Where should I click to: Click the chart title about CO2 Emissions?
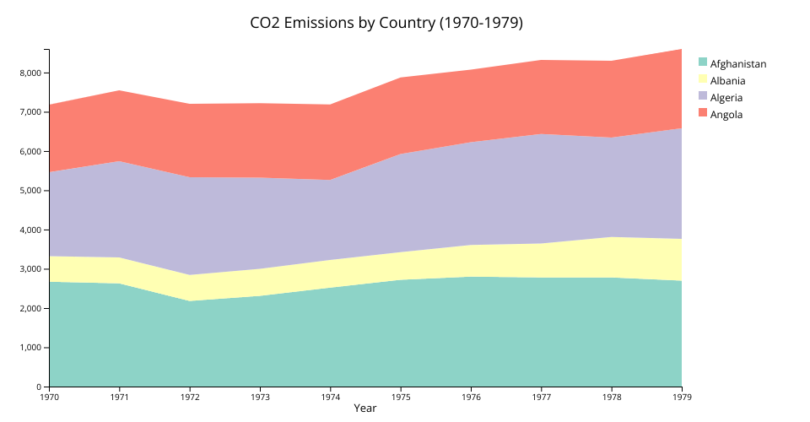click(386, 23)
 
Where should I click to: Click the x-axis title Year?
click(364, 408)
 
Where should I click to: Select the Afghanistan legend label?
click(737, 63)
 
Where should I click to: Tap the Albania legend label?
click(727, 80)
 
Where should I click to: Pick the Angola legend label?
click(726, 114)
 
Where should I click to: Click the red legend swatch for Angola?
click(702, 112)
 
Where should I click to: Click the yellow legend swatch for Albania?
click(702, 78)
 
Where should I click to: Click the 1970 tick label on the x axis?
click(49, 396)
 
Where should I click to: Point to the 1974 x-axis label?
click(331, 396)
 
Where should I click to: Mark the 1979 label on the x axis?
click(682, 396)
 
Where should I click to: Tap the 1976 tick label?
click(471, 396)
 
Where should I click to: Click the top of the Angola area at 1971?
click(120, 90)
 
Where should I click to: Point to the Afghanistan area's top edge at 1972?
click(190, 301)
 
